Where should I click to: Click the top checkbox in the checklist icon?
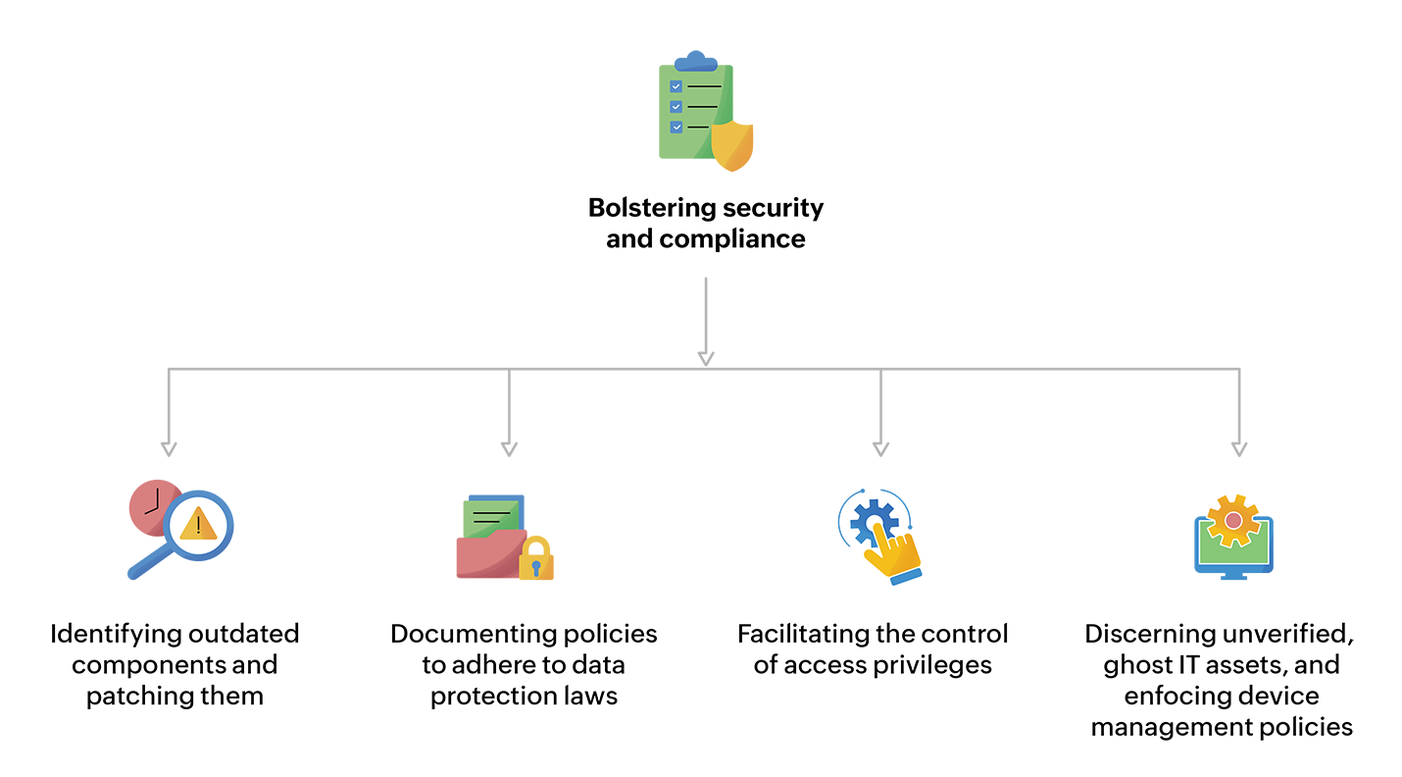(676, 86)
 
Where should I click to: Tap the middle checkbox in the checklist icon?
(676, 106)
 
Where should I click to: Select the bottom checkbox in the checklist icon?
(676, 127)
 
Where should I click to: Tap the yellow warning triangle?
(198, 525)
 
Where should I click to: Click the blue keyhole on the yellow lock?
(536, 568)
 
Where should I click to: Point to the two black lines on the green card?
(490, 517)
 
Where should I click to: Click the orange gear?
(1232, 520)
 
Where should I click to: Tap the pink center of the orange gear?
(1233, 519)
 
